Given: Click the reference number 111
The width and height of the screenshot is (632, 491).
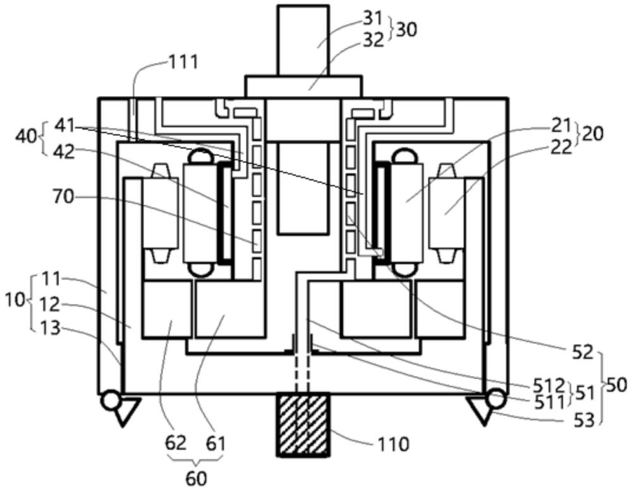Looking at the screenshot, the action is [x=183, y=63].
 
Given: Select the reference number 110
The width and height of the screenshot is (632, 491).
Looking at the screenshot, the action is [x=393, y=445].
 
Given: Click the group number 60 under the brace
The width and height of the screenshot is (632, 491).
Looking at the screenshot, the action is [x=197, y=478].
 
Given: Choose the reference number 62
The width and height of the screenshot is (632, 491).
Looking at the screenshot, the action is [x=176, y=443].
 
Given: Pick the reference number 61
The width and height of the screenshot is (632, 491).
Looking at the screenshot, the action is [x=216, y=444].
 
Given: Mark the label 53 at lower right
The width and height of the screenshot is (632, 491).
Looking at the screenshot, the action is [x=584, y=420].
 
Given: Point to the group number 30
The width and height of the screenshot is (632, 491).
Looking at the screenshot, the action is [x=406, y=30].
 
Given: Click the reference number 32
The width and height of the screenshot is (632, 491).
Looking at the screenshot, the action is [x=374, y=40].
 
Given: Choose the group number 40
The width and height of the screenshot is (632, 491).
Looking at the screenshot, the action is [x=26, y=136].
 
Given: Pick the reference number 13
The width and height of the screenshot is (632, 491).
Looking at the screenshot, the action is [x=51, y=328].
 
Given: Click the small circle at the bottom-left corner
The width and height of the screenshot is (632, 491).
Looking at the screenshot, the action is [x=111, y=399].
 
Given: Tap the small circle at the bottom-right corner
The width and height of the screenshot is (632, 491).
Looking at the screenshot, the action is [x=496, y=399].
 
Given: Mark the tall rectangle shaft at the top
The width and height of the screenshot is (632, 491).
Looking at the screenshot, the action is [x=303, y=40].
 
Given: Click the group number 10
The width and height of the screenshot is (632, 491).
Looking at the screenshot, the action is [x=15, y=300].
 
